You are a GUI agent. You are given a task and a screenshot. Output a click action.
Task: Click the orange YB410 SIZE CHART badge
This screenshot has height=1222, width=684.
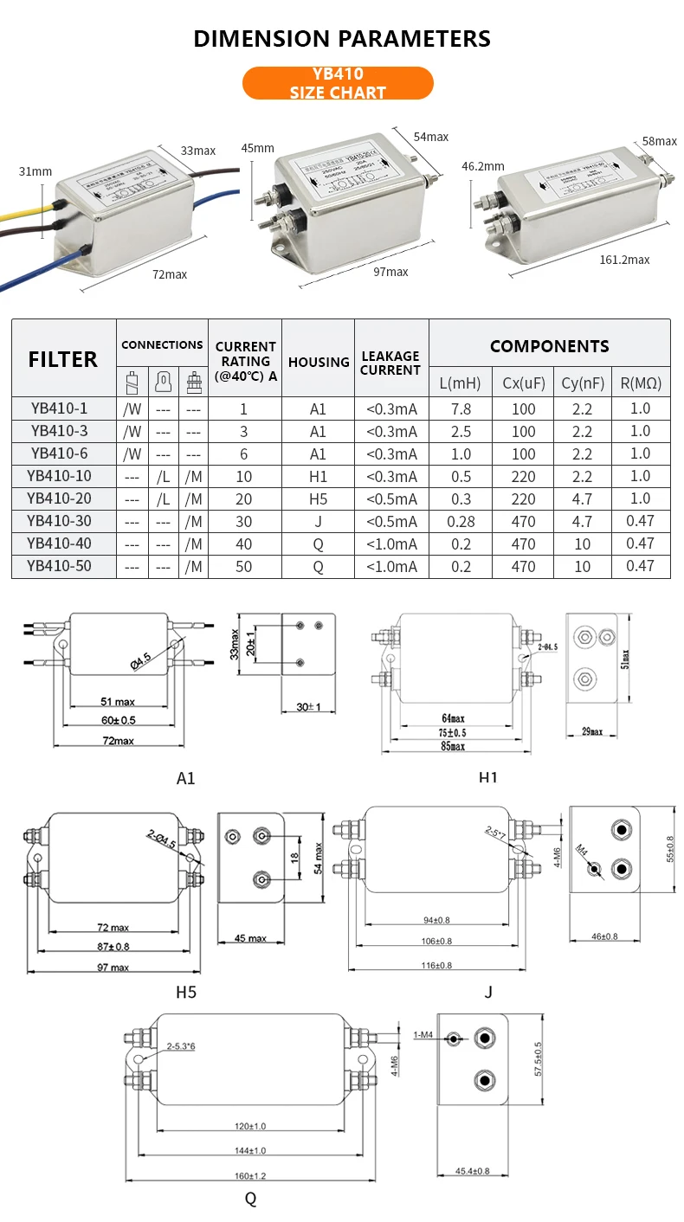click(x=338, y=83)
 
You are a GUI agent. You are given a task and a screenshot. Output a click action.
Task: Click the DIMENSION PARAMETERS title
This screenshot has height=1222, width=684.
click(x=342, y=38)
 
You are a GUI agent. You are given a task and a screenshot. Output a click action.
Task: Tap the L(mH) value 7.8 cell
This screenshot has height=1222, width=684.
click(x=460, y=408)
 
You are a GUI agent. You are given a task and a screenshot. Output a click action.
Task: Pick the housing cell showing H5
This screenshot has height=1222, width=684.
click(x=318, y=498)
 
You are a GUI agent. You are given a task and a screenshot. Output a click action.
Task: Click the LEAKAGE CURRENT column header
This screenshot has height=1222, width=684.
click(x=390, y=363)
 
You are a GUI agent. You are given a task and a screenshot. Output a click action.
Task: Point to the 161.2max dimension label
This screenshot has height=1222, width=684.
click(x=624, y=260)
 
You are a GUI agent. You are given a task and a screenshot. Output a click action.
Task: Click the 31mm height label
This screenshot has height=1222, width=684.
click(x=35, y=171)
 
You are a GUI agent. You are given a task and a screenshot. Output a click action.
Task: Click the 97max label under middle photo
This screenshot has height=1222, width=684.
click(x=390, y=272)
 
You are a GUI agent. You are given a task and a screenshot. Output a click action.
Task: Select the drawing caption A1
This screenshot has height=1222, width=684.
click(x=185, y=778)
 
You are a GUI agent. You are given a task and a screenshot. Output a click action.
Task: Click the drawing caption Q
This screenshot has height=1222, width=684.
click(x=250, y=1199)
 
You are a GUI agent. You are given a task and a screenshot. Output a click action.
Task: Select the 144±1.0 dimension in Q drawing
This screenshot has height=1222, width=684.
click(x=249, y=1150)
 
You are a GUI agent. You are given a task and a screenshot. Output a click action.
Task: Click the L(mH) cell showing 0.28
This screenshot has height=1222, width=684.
click(x=460, y=521)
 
